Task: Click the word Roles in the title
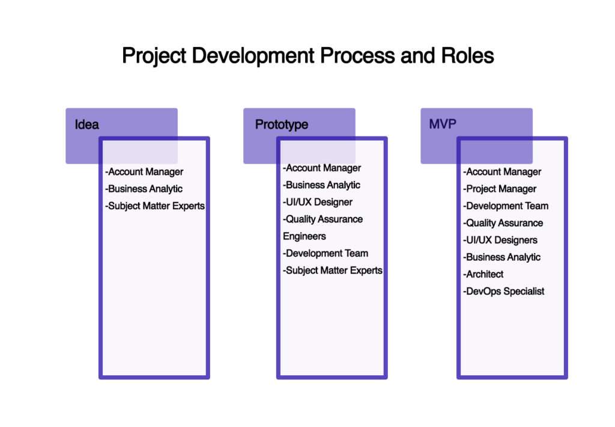(467, 55)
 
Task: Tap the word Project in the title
(154, 56)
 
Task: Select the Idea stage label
(86, 124)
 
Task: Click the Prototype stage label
(282, 124)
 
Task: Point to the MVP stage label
(443, 124)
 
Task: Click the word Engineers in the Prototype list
(304, 236)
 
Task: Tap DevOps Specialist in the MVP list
(504, 292)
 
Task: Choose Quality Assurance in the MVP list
(503, 223)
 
